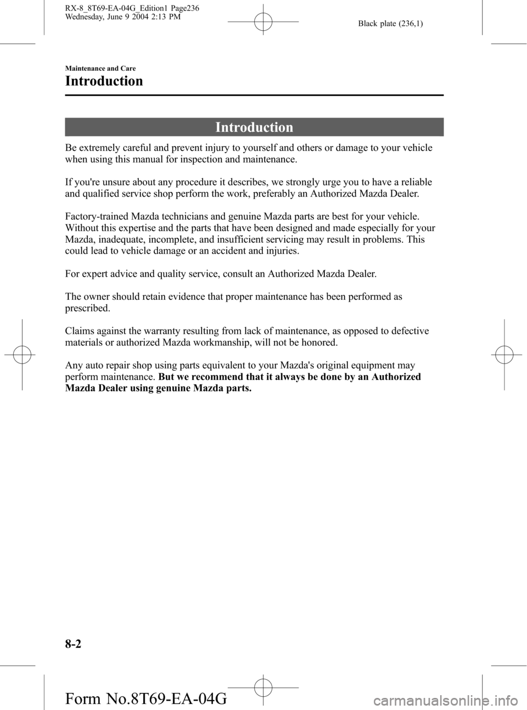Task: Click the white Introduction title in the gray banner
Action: tap(254, 127)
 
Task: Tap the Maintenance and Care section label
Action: tap(100, 68)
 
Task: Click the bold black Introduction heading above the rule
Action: tap(104, 81)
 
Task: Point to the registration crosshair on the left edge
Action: tap(21, 355)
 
